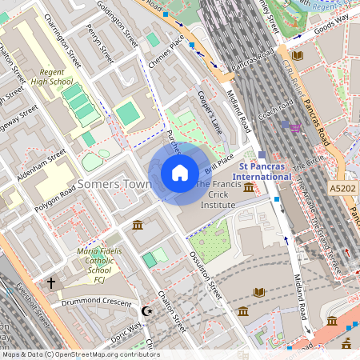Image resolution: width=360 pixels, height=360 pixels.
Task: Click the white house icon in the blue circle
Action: [180, 172]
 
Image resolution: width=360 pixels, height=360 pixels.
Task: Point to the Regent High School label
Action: [53, 76]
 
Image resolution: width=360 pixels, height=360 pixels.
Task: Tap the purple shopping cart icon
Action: [296, 127]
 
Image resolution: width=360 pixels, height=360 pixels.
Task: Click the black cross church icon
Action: [51, 282]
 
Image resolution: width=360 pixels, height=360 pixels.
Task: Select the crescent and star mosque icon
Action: [146, 310]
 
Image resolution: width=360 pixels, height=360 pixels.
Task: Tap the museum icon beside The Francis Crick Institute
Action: [249, 188]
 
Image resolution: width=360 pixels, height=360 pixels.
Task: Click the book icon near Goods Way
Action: [298, 55]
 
